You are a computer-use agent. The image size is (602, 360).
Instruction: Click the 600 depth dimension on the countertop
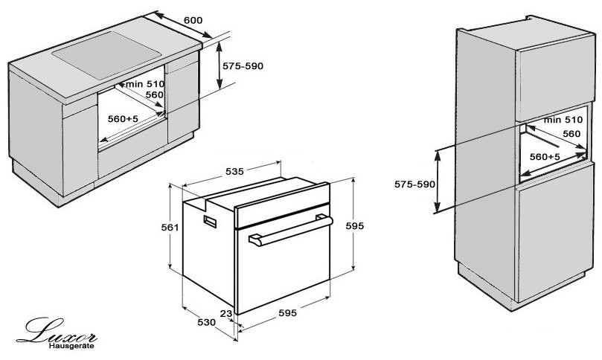[193, 20]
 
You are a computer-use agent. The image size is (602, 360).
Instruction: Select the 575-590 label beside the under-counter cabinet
[243, 66]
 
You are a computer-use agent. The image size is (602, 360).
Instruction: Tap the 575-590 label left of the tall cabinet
[415, 184]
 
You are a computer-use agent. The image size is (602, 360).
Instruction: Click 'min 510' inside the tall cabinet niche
[563, 120]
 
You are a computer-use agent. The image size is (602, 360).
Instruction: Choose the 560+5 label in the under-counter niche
[123, 119]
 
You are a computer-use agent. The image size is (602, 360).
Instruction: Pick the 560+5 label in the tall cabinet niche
[545, 157]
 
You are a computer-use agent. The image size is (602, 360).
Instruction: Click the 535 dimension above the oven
[234, 172]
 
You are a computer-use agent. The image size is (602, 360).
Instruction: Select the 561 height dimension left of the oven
[170, 228]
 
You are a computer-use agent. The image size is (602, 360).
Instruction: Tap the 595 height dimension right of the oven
[354, 226]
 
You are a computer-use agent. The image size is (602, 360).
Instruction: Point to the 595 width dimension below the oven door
[287, 313]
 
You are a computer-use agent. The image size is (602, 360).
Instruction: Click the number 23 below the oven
[226, 314]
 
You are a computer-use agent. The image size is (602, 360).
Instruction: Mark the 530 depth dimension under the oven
[207, 323]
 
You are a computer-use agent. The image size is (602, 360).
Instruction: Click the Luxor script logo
[57, 331]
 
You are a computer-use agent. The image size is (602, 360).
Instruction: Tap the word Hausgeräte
[71, 346]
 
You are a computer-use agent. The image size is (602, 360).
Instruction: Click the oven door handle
[291, 231]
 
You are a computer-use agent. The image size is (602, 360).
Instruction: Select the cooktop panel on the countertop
[106, 55]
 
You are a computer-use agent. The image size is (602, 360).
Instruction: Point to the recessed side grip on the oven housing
[210, 222]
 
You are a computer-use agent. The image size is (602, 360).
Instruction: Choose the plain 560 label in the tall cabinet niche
[571, 134]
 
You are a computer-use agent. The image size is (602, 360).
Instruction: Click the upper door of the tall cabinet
[555, 78]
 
